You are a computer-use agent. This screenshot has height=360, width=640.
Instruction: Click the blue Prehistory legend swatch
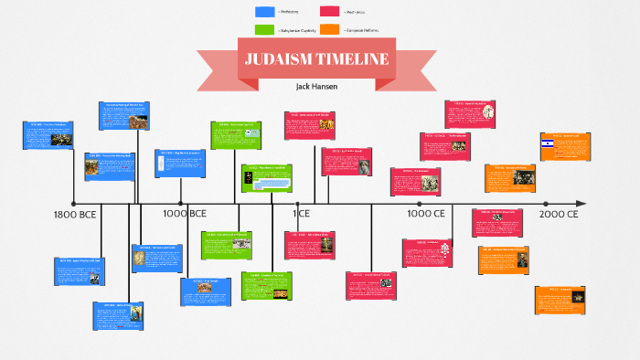265,12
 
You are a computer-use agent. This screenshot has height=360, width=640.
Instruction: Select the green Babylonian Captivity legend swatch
265,30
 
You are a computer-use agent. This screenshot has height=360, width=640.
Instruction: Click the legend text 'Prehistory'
292,12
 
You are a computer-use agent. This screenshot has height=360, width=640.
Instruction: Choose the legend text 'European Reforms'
362,30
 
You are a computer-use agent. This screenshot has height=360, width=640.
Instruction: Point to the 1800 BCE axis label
75,214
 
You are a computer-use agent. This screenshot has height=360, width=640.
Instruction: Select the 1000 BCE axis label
185,214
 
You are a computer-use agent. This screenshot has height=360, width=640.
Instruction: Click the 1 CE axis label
302,214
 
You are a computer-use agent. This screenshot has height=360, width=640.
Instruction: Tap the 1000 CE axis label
426,214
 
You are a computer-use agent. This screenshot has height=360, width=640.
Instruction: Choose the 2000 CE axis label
559,214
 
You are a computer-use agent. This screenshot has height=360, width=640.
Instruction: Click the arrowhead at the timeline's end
582,203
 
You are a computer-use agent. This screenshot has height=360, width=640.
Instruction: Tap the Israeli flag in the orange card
548,143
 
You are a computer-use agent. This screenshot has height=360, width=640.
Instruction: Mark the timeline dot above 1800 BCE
72,203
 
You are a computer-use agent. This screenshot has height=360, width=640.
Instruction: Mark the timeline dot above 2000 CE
546,203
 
